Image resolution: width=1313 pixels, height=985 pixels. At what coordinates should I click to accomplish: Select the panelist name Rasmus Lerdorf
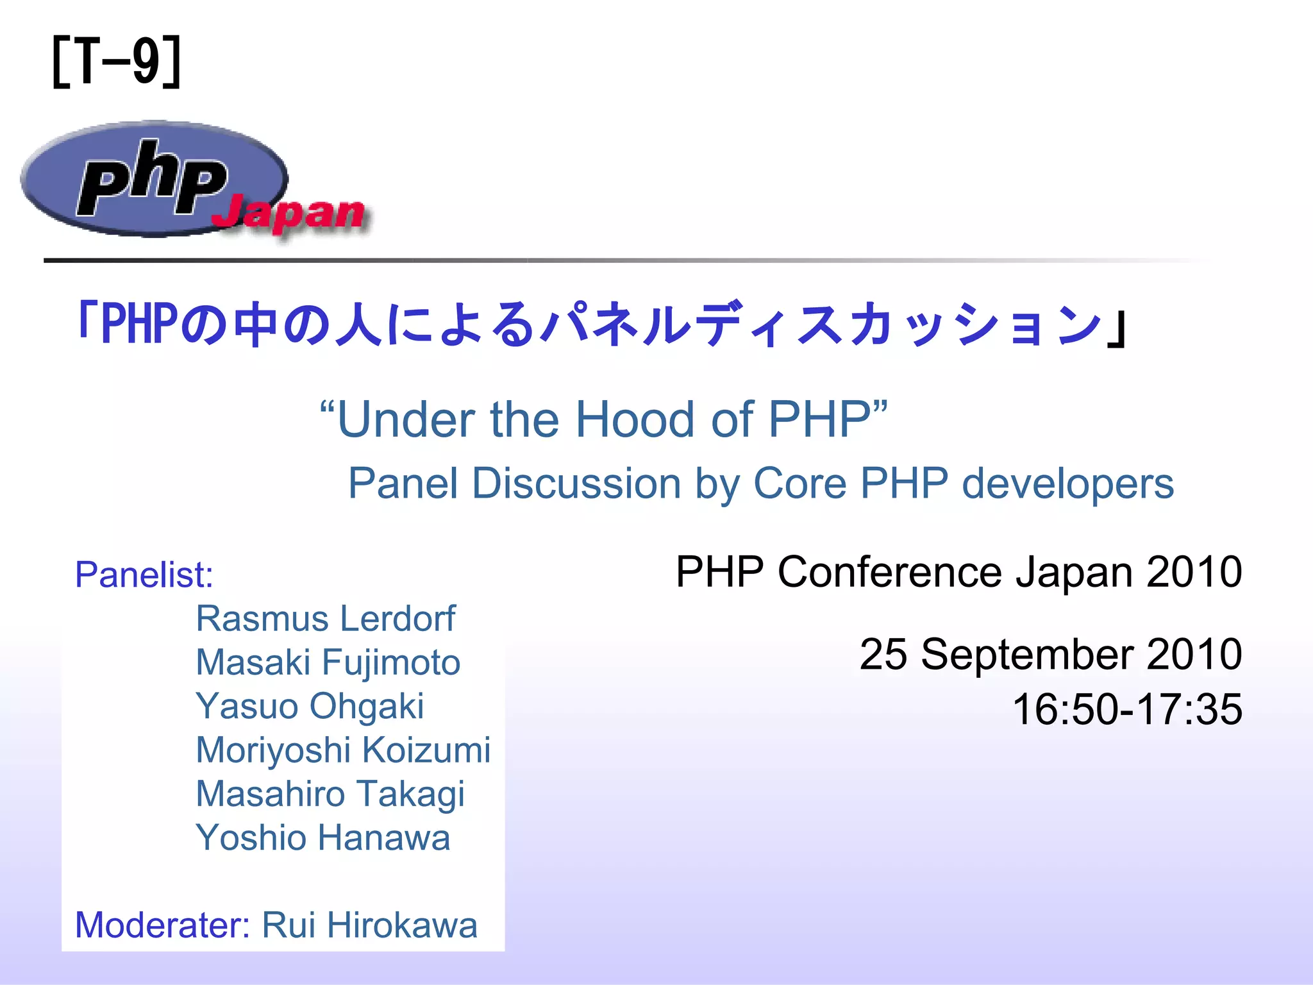tap(325, 619)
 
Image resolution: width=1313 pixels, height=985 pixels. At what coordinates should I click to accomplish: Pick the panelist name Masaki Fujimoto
tap(328, 662)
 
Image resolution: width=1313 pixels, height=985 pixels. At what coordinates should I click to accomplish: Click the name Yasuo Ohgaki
tap(310, 706)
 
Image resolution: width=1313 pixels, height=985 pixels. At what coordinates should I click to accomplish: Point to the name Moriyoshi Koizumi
tap(343, 750)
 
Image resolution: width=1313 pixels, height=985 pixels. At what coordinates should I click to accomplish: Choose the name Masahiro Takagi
tap(330, 794)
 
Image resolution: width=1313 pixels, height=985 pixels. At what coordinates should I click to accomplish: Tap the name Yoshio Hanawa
tap(323, 838)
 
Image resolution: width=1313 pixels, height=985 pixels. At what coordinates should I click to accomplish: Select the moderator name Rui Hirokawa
tap(370, 925)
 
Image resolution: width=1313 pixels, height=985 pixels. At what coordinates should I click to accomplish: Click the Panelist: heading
tap(144, 575)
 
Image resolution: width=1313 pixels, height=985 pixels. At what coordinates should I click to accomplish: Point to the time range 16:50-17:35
tap(1127, 709)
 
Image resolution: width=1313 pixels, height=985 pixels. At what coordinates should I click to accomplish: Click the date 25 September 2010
tap(1051, 654)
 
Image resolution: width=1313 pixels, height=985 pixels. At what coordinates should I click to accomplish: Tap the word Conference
tap(890, 571)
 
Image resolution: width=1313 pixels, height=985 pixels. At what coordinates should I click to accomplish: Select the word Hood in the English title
tap(635, 419)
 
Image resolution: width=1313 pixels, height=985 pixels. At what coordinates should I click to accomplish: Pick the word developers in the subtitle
tap(1068, 484)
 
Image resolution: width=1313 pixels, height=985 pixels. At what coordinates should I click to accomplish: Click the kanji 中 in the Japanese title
tap(255, 323)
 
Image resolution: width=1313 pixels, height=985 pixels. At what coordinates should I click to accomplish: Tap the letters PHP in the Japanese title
tap(138, 323)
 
